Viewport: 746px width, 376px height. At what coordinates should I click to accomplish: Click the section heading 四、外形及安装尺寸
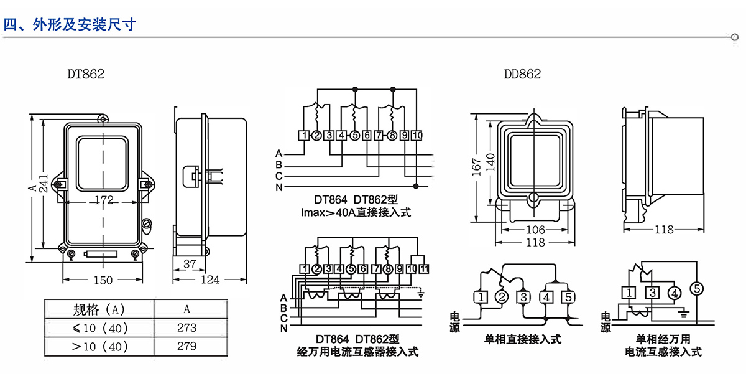[70, 25]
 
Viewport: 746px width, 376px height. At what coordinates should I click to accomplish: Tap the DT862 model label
[86, 74]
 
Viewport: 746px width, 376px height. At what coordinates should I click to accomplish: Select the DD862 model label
[522, 74]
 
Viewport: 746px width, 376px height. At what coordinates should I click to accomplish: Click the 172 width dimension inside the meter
[105, 200]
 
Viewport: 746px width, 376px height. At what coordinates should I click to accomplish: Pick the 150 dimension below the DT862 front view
[103, 280]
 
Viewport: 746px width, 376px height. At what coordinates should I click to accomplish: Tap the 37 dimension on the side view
[190, 264]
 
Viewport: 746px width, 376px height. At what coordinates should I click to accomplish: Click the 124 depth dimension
[210, 280]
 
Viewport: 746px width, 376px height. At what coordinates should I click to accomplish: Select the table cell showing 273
[186, 327]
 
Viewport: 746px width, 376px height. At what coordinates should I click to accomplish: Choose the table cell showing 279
[186, 345]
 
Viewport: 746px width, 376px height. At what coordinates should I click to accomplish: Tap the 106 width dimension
[533, 230]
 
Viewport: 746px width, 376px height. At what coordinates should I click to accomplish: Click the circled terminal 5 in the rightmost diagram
[697, 288]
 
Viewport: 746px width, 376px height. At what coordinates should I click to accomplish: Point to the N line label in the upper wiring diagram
[279, 187]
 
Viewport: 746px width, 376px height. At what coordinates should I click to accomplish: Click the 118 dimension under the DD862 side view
[664, 230]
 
